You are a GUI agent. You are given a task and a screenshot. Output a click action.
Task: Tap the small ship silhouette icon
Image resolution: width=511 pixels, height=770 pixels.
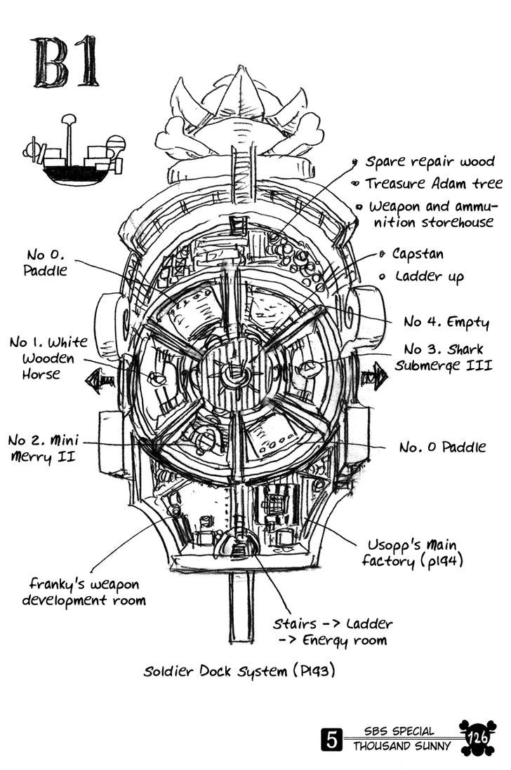point(76,154)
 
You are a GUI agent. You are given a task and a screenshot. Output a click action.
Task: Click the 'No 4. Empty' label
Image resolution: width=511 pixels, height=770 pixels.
point(446,322)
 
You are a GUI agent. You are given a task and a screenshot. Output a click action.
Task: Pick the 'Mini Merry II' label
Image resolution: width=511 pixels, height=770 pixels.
point(44,449)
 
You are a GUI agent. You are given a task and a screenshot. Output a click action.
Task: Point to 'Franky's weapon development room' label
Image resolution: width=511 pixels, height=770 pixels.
point(87,592)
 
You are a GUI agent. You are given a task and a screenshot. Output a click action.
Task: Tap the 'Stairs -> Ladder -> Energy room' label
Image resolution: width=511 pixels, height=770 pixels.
point(333,631)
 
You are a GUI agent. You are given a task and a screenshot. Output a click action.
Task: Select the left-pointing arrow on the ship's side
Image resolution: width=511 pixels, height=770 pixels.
point(99,381)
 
